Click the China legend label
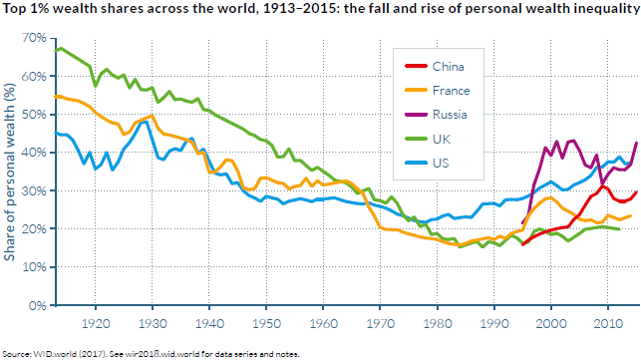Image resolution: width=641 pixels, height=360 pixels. click(x=448, y=67)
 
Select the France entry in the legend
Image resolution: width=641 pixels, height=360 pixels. click(x=452, y=91)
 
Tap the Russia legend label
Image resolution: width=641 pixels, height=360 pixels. click(x=450, y=115)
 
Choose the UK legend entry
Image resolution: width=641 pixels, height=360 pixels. click(x=442, y=139)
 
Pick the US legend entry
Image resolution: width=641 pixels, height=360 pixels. click(x=441, y=164)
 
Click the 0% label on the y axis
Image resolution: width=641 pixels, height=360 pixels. click(x=39, y=305)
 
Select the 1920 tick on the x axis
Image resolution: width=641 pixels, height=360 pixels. click(x=96, y=324)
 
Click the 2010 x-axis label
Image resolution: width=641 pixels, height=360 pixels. click(x=607, y=324)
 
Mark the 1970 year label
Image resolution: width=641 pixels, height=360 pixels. click(x=380, y=324)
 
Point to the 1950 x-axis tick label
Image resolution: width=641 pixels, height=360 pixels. click(x=266, y=324)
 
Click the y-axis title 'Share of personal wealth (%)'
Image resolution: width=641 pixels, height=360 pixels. click(x=9, y=172)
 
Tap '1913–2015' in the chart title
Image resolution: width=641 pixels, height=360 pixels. click(x=302, y=8)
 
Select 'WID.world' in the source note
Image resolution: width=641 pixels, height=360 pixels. click(x=49, y=354)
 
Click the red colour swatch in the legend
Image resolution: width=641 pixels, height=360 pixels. click(x=416, y=66)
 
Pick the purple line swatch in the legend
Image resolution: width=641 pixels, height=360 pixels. click(x=416, y=115)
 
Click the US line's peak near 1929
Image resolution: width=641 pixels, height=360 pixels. click(x=146, y=122)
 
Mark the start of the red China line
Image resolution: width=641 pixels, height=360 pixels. click(x=522, y=244)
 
